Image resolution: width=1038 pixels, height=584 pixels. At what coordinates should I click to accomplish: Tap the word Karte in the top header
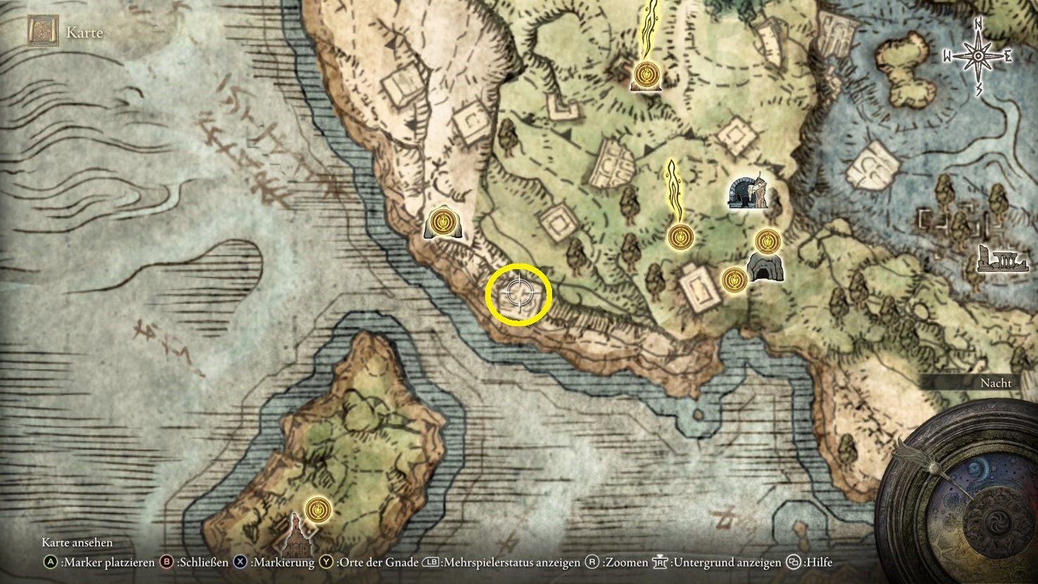(x=84, y=32)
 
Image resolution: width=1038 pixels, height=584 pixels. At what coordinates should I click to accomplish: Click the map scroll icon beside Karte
(x=41, y=32)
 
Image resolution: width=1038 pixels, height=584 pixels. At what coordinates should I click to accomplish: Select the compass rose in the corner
(x=978, y=56)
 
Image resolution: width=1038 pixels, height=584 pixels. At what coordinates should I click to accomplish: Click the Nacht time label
(x=996, y=383)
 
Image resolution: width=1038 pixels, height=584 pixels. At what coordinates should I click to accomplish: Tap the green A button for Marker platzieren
(x=50, y=562)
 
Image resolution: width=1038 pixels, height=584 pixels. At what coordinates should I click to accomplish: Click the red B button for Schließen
(x=167, y=562)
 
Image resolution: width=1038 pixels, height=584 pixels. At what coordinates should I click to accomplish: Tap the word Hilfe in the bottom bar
(x=819, y=562)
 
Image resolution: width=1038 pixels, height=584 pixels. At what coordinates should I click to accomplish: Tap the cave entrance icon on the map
(x=761, y=268)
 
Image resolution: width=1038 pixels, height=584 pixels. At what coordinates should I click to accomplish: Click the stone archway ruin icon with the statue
(x=747, y=190)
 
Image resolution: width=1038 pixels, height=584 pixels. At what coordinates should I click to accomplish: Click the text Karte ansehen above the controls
(x=77, y=543)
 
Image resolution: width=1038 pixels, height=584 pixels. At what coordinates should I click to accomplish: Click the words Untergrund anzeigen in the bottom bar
(x=726, y=562)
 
